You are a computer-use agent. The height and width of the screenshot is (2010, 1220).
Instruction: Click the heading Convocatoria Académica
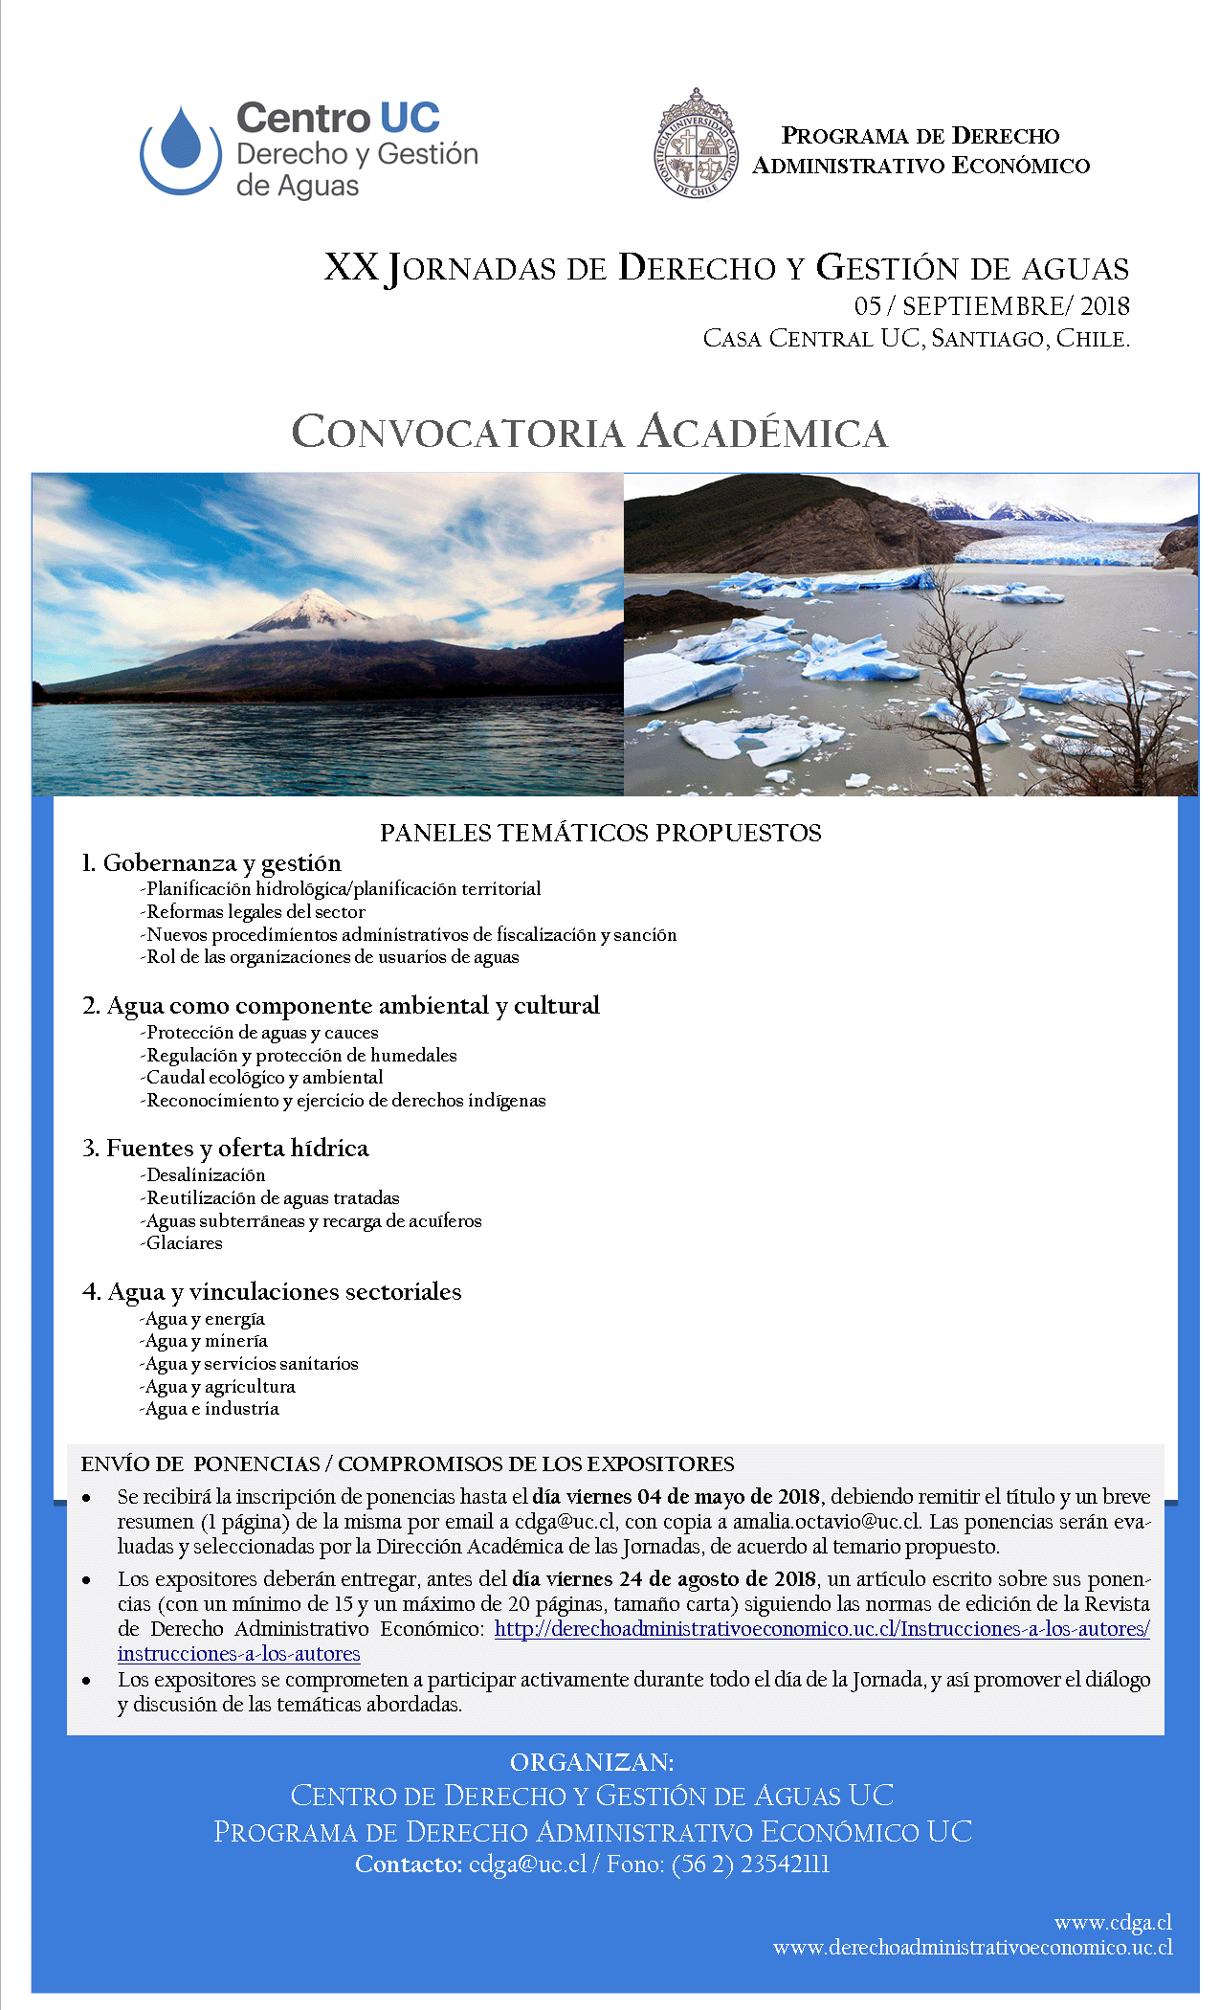click(x=589, y=432)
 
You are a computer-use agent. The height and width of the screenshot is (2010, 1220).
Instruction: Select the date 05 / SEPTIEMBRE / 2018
click(x=991, y=306)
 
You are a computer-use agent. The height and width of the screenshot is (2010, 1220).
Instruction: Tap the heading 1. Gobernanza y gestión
click(x=211, y=862)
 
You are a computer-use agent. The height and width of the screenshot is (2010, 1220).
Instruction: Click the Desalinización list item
click(x=205, y=1174)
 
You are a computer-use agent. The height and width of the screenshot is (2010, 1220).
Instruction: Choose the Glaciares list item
click(x=184, y=1243)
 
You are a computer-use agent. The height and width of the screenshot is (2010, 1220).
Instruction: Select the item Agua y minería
click(x=206, y=1341)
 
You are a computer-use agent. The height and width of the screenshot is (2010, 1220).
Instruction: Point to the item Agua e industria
click(x=211, y=1409)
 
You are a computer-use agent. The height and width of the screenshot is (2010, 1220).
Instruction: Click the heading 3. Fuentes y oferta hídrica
click(x=226, y=1148)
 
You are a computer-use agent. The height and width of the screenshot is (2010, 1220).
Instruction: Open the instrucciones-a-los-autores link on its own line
click(x=239, y=1654)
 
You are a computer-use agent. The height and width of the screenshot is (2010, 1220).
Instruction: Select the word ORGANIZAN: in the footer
click(x=592, y=1763)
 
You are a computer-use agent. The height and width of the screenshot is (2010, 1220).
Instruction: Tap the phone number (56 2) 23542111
click(x=751, y=1865)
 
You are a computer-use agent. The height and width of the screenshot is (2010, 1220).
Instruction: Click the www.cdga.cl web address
click(x=1113, y=1923)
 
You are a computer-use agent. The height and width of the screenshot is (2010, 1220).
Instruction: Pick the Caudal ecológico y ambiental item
click(x=264, y=1078)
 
